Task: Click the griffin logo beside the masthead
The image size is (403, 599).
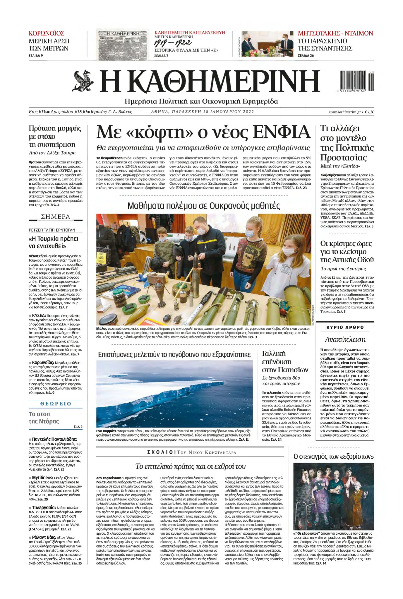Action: [x=83, y=81]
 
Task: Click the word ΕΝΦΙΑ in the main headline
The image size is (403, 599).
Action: [x=281, y=132]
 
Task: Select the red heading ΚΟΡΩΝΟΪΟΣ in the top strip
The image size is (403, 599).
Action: [x=46, y=33]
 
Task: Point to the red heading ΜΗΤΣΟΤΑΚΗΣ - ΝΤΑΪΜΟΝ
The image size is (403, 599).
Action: [x=335, y=33]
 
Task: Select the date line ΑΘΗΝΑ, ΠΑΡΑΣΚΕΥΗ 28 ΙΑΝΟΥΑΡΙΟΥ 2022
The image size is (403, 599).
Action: [x=203, y=112]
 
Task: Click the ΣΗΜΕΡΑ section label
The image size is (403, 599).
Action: [x=56, y=217]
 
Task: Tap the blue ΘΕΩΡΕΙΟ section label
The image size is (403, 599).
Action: [x=56, y=404]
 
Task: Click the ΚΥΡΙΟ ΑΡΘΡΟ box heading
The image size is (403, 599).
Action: [x=345, y=327]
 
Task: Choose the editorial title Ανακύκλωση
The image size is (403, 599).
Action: [x=345, y=340]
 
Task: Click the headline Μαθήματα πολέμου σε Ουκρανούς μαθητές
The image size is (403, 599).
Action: [x=204, y=206]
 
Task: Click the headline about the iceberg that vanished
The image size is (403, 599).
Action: [x=174, y=355]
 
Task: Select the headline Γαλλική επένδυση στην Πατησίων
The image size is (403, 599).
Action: [x=285, y=362]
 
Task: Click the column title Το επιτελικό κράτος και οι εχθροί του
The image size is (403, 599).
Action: [x=190, y=466]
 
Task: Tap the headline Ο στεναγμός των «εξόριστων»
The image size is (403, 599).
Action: [x=334, y=456]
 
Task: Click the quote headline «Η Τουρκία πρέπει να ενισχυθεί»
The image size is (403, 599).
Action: [x=54, y=242]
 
